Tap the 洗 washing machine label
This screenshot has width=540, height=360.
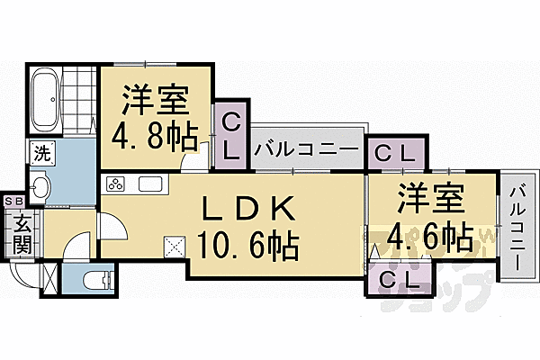41,152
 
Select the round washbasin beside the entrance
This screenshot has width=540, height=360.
40,186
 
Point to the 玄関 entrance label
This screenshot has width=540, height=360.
22,231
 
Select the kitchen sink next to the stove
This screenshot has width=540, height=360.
149,185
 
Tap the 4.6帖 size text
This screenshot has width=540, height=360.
431,238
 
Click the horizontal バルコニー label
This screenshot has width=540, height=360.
308,148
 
